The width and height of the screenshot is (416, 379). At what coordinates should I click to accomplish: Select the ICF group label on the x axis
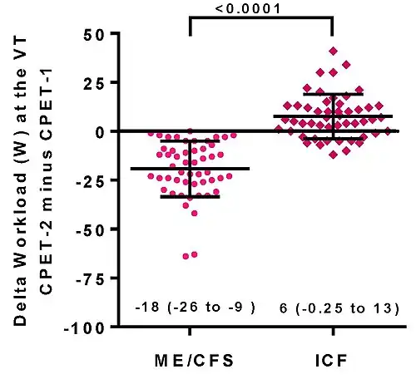click(x=332, y=361)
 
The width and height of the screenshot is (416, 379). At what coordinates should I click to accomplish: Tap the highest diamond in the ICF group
click(x=333, y=51)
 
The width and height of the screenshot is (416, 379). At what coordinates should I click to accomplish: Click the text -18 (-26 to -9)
click(x=190, y=308)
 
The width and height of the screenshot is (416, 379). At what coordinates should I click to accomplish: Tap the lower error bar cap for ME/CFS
click(x=191, y=197)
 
